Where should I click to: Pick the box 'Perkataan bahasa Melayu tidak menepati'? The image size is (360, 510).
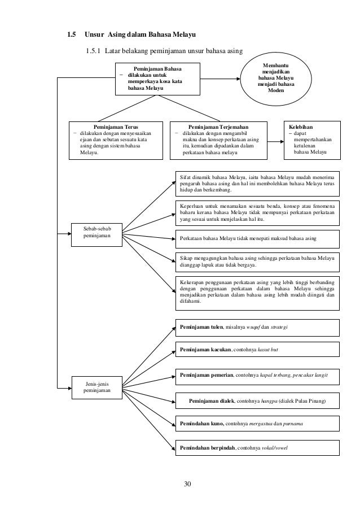tap(257, 239)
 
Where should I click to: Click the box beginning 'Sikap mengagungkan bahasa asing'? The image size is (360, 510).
tap(257, 261)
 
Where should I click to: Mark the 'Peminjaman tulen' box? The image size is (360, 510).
tap(257, 327)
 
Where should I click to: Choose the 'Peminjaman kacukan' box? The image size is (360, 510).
tap(257, 351)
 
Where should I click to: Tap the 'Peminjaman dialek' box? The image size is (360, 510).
tap(257, 402)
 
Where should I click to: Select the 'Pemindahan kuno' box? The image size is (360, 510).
tap(257, 424)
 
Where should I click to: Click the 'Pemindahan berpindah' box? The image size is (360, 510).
tap(257, 447)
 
